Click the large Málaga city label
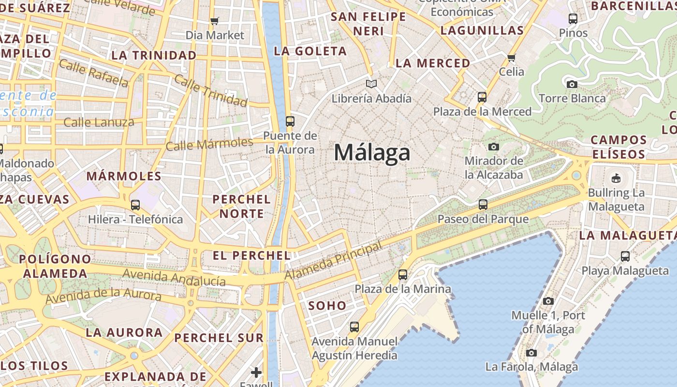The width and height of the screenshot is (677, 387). [x=372, y=153]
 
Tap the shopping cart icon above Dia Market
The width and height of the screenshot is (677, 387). [x=215, y=21]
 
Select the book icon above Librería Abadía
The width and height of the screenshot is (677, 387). [x=371, y=84]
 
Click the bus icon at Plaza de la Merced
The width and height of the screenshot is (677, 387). [x=482, y=97]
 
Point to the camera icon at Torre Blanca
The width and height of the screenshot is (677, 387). [x=572, y=84]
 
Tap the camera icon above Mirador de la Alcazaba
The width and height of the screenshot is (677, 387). [x=493, y=147]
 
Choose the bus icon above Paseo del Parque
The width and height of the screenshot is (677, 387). [x=483, y=205]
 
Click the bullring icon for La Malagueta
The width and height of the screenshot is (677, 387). [x=616, y=179]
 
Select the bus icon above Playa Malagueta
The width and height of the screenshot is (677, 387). [x=625, y=256]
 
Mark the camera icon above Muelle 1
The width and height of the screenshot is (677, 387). [x=548, y=301]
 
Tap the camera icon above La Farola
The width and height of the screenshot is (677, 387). [x=531, y=353]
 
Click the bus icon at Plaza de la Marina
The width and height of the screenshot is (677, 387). [x=403, y=275]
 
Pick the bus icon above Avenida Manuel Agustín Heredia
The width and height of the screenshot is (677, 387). [x=354, y=327]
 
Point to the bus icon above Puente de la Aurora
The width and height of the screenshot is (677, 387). [x=290, y=121]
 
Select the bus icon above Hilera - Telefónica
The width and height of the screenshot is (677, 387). [x=135, y=205]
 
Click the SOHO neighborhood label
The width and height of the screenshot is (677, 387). [x=327, y=306]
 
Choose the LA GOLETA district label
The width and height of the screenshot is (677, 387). [x=310, y=51]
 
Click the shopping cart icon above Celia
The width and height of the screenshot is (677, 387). [x=511, y=58]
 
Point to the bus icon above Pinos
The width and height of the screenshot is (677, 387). [x=573, y=19]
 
